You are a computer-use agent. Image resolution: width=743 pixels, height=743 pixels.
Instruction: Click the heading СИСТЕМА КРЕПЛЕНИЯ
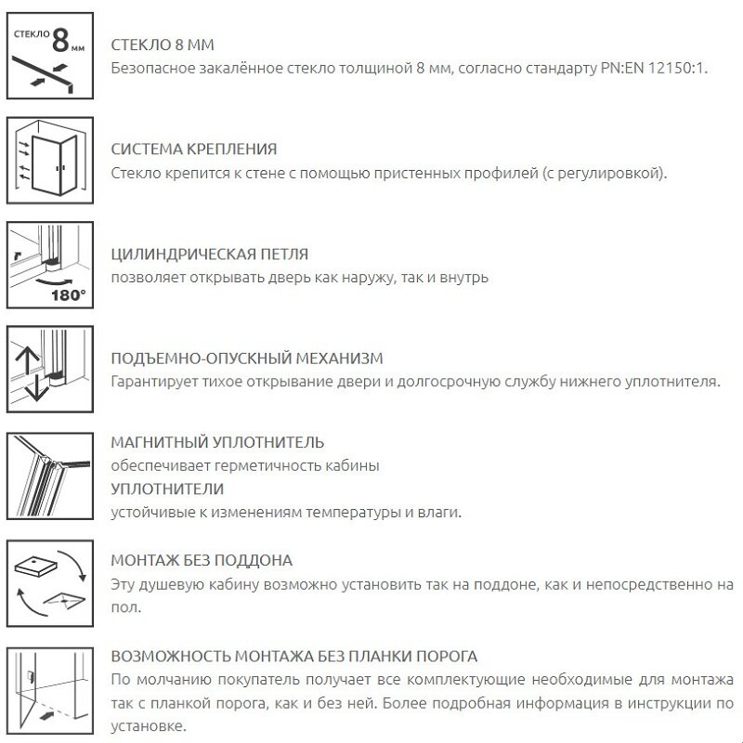[193, 150]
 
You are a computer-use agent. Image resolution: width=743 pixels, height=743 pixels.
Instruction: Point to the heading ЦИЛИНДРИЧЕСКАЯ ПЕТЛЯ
[209, 254]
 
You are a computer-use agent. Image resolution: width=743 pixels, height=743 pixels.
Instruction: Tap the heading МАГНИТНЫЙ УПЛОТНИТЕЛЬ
[217, 442]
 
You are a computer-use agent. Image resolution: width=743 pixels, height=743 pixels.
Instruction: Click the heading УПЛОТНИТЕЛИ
[166, 489]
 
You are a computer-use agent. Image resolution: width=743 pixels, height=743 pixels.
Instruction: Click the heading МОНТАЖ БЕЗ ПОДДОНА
[201, 561]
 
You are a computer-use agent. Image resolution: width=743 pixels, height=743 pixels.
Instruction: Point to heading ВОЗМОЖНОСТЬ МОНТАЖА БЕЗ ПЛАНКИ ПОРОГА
[293, 657]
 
